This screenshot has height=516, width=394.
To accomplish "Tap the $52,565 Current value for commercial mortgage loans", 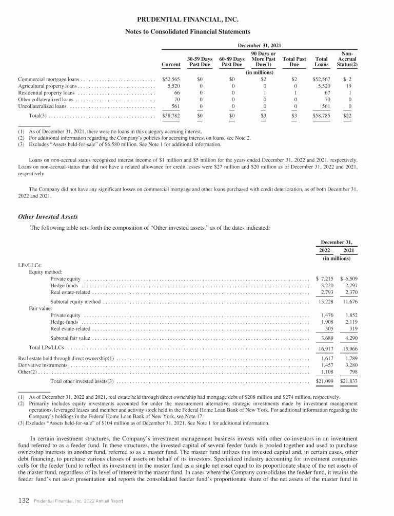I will coord(171,79).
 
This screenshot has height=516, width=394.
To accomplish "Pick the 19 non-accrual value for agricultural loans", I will coord(354,86).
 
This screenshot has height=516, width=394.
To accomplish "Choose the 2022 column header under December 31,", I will coord(325,250).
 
